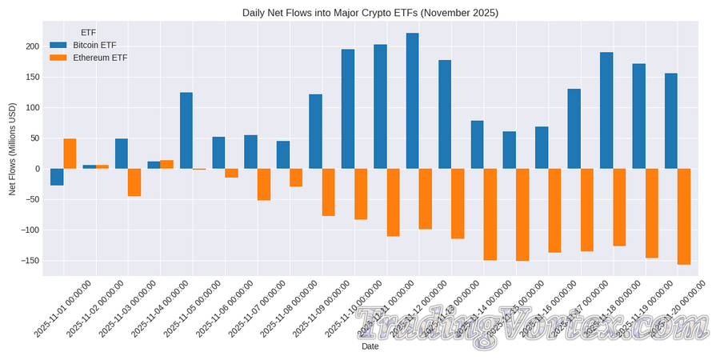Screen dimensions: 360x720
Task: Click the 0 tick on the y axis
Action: [35, 169]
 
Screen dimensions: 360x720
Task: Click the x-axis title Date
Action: [370, 347]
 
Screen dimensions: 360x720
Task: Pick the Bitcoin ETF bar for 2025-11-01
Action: [57, 177]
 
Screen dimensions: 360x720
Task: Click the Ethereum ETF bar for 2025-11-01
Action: [70, 154]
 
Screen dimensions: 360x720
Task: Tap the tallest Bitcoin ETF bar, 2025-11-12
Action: [413, 101]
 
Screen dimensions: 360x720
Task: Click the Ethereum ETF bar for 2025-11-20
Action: [684, 216]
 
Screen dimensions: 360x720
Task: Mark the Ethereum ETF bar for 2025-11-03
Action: [134, 182]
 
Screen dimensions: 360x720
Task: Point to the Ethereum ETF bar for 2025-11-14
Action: [490, 214]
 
